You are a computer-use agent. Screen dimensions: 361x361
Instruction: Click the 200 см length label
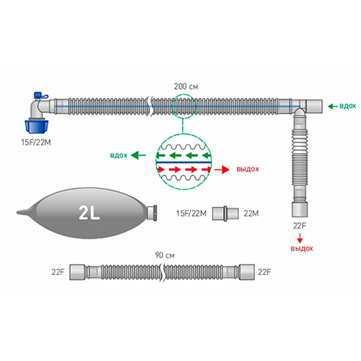click(186, 87)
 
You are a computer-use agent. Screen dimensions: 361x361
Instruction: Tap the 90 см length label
click(164, 255)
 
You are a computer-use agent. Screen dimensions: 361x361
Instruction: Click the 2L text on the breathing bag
click(89, 213)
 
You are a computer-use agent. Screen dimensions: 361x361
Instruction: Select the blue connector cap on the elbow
click(35, 126)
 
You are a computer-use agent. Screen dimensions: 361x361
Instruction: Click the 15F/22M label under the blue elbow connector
click(36, 143)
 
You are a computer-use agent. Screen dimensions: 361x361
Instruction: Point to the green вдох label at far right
click(348, 106)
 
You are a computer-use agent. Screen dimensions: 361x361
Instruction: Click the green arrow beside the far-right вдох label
click(333, 107)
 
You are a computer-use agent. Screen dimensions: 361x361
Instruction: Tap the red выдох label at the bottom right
click(302, 249)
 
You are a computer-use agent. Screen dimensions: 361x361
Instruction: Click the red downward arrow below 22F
click(300, 238)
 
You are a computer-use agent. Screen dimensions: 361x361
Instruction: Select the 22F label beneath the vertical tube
click(300, 226)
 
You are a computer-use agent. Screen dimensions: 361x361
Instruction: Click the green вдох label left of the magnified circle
click(119, 155)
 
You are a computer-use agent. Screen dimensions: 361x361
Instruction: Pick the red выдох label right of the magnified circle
click(248, 169)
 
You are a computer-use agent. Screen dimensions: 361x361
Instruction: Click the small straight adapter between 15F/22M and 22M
click(226, 214)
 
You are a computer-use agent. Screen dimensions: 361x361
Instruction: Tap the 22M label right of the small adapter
click(251, 214)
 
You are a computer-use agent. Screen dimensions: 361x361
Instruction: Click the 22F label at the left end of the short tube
click(58, 272)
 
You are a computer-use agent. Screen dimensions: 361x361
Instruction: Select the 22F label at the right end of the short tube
click(264, 272)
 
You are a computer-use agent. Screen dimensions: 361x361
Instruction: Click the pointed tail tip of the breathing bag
click(17, 212)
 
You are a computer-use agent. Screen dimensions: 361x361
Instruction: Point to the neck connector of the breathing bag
click(152, 213)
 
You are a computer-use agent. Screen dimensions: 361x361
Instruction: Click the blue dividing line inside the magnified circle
click(183, 162)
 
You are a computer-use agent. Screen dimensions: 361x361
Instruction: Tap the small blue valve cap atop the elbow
click(37, 95)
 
